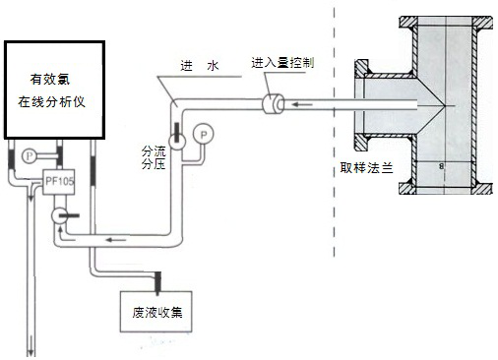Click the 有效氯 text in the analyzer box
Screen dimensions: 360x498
pyautogui.click(x=54, y=80)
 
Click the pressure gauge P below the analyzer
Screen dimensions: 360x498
pyautogui.click(x=29, y=154)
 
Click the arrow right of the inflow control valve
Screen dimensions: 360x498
pyautogui.click(x=307, y=102)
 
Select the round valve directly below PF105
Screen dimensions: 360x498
pyautogui.click(x=60, y=212)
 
